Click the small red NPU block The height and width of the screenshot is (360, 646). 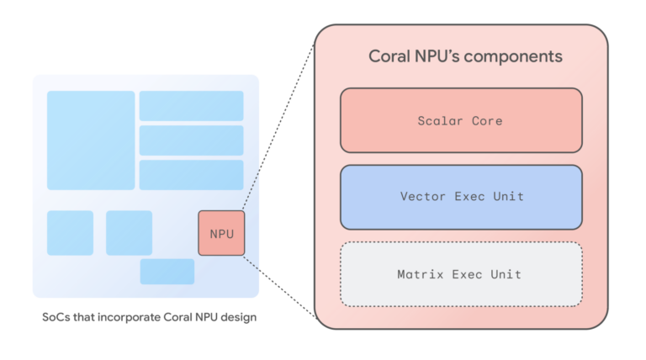[x=221, y=233]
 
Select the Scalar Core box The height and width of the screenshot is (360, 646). [x=460, y=120]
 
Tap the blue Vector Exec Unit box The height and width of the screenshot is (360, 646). [x=460, y=197]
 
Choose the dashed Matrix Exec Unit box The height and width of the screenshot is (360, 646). [x=460, y=274]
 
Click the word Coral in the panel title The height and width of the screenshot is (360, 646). [x=389, y=57]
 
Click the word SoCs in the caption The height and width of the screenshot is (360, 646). [x=56, y=318]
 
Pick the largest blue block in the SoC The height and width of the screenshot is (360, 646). [x=91, y=140]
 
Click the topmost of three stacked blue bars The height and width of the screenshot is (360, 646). [x=191, y=106]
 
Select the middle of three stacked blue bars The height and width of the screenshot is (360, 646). [x=191, y=140]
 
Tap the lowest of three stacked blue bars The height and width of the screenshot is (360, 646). [x=191, y=174]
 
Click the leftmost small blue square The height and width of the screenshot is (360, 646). [x=70, y=233]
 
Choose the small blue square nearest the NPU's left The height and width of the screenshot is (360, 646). [x=129, y=233]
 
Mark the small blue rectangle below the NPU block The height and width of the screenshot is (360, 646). [x=167, y=272]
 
